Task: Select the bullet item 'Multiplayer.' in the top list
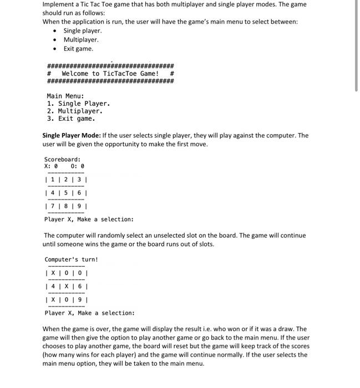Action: pyautogui.click(x=81, y=40)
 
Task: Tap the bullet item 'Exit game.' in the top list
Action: pyautogui.click(x=78, y=49)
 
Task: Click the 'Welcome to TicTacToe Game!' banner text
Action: pyautogui.click(x=110, y=74)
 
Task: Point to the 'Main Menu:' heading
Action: pyautogui.click(x=65, y=95)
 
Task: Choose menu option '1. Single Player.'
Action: pyautogui.click(x=79, y=104)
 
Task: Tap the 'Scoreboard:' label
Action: pyautogui.click(x=62, y=160)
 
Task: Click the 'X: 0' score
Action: pyautogui.click(x=51, y=166)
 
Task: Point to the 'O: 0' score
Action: pyautogui.click(x=78, y=166)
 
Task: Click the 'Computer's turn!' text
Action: pyautogui.click(x=71, y=259)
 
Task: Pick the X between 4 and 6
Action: pyautogui.click(x=66, y=287)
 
